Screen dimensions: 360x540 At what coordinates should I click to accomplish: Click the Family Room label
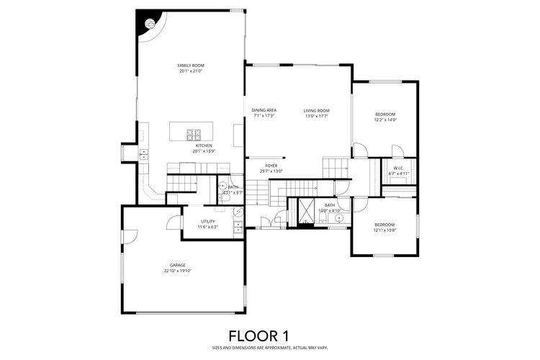point(191,65)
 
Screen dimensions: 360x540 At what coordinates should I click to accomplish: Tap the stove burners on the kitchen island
point(194,133)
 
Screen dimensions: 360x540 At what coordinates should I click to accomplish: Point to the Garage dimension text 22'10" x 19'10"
point(177,271)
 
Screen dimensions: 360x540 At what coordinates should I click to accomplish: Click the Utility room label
point(208,221)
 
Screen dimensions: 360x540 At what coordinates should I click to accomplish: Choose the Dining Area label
point(264,110)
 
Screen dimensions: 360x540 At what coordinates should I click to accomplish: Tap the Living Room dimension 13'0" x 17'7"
point(316,116)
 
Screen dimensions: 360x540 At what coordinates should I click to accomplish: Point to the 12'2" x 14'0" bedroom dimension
point(385,120)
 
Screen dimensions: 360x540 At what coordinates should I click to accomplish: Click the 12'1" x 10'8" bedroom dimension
point(384,231)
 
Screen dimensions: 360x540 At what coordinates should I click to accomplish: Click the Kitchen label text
point(202,145)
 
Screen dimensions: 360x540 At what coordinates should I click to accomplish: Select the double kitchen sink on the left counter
point(143,153)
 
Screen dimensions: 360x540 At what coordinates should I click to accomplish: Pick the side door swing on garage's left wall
point(129,236)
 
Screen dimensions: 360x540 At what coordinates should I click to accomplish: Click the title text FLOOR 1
point(258,335)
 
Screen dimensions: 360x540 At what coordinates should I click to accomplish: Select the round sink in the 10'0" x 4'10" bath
point(339,217)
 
